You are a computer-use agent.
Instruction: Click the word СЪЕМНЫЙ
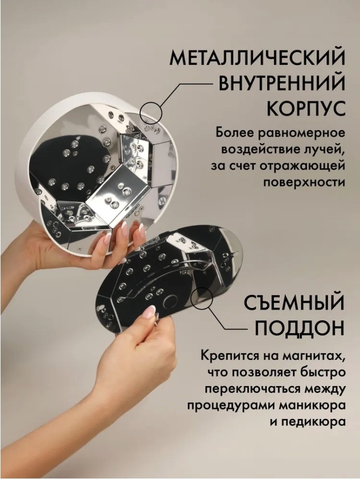click(294, 302)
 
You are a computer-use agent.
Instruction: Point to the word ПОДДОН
click(300, 328)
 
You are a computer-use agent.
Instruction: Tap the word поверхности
click(304, 182)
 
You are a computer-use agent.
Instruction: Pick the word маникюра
click(313, 405)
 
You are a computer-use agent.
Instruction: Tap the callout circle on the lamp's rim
click(151, 113)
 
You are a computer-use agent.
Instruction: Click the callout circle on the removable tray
click(201, 298)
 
